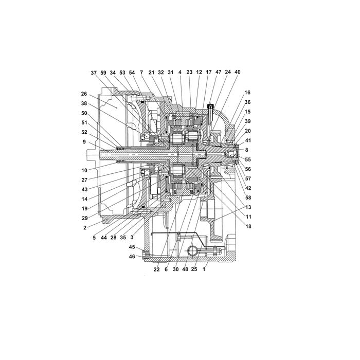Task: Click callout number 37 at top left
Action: (94, 73)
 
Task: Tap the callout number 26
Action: (84, 94)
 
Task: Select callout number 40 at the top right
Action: (238, 72)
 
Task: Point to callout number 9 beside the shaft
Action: (84, 142)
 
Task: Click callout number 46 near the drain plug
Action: (132, 257)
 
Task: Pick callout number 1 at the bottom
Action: (204, 269)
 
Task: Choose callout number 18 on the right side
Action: (248, 226)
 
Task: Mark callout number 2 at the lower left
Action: (85, 228)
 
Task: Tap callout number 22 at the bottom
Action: (156, 269)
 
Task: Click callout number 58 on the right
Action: (248, 197)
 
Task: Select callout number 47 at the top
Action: (218, 72)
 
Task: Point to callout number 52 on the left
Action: (84, 132)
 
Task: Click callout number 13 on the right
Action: (248, 207)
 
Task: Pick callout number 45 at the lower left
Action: (132, 247)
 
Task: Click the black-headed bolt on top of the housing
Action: (210, 106)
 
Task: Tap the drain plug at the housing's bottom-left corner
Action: (146, 255)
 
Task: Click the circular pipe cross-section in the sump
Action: (193, 250)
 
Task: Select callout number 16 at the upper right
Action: (247, 93)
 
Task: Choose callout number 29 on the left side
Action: (85, 218)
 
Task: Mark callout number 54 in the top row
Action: (132, 73)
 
